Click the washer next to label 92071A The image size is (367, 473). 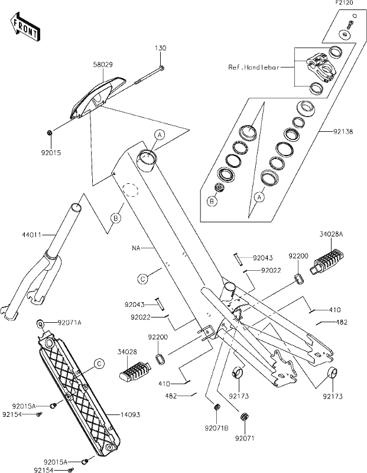pyautogui.click(x=41, y=323)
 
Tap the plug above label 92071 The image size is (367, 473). pyautogui.click(x=243, y=419)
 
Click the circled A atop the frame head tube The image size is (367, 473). pyautogui.click(x=159, y=135)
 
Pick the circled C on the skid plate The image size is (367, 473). pyautogui.click(x=100, y=363)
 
